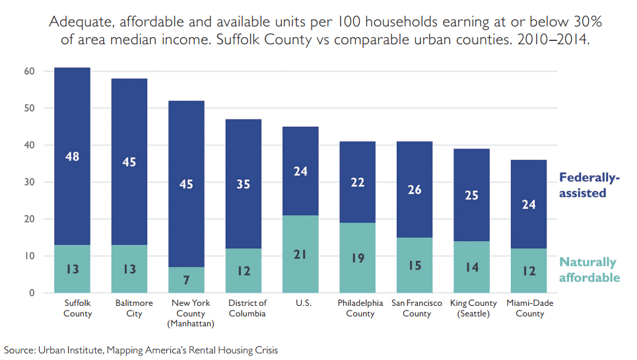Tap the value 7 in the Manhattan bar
(187, 280)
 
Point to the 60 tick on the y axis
(30, 71)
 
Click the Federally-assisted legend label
(589, 185)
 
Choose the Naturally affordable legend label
(589, 270)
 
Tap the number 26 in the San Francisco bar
(415, 190)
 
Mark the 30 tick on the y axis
(30, 182)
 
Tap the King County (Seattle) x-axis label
(471, 308)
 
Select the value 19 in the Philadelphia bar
(357, 258)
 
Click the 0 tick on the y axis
(32, 293)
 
